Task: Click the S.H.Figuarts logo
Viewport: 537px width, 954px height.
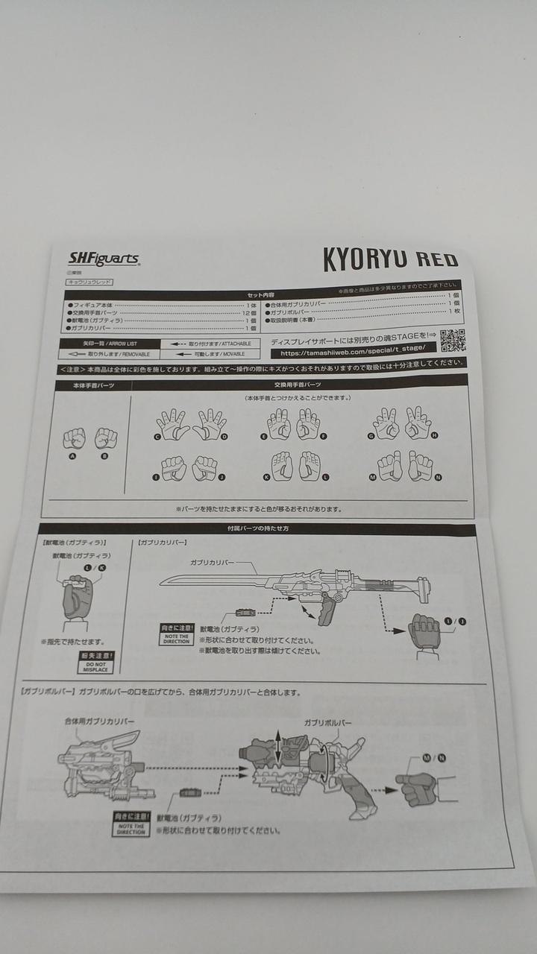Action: pos(104,259)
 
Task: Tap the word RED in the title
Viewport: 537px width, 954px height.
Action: pos(436,260)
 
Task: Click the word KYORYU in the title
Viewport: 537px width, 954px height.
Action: pos(365,259)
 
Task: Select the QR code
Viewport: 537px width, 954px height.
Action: pos(452,341)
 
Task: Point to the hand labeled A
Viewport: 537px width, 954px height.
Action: pos(74,437)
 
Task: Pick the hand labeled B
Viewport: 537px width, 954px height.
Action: pos(106,437)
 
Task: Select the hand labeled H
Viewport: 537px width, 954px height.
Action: pos(418,423)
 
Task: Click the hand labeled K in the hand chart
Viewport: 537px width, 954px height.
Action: pos(279,467)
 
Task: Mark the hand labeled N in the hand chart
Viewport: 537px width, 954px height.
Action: pos(420,467)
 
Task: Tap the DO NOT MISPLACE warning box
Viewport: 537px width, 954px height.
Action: pos(96,663)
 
